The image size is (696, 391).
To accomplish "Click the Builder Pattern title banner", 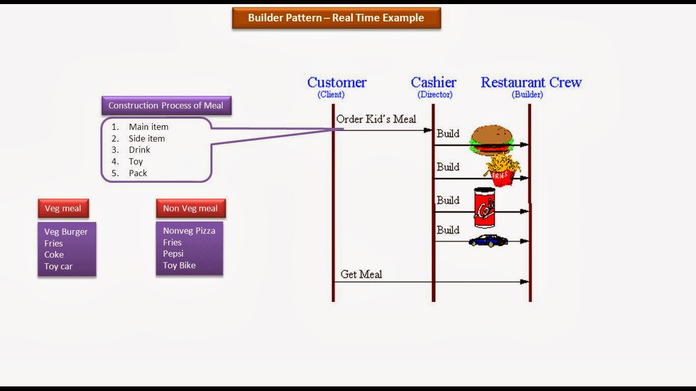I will [336, 18].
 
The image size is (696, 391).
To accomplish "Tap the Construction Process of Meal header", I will [166, 106].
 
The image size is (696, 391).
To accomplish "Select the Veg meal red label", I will [63, 208].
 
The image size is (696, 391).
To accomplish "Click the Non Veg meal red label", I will [191, 208].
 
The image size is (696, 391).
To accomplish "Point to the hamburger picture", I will [492, 139].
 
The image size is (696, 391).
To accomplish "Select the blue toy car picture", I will [488, 241].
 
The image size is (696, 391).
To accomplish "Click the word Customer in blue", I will [337, 82].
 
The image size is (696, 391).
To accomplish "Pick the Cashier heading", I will [434, 82].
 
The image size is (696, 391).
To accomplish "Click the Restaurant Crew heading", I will [531, 82].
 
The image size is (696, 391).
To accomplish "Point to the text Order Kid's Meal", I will [376, 119].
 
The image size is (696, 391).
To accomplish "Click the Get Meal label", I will [361, 274].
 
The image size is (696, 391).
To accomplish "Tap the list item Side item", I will [147, 138].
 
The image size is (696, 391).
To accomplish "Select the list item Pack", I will [138, 173].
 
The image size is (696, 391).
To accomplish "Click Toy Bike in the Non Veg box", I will [179, 265].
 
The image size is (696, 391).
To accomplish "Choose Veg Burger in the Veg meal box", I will [66, 232].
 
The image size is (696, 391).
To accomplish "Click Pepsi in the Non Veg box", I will [173, 254].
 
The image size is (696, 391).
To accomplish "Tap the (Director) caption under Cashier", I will [435, 95].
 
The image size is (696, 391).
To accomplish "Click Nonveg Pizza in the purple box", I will [189, 231].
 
